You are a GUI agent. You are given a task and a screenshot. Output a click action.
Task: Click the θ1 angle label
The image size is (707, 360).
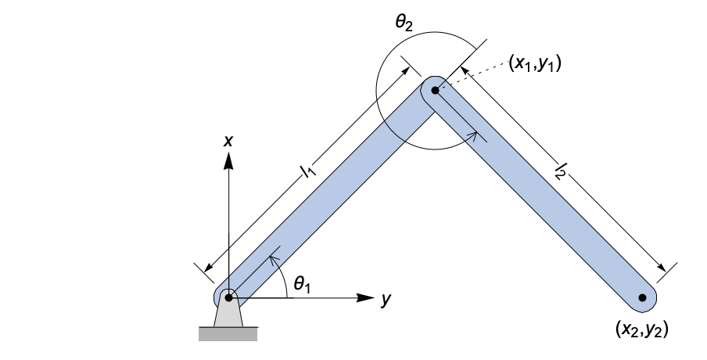coord(302,285)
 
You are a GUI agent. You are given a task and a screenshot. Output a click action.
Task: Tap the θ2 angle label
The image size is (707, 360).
coord(404,23)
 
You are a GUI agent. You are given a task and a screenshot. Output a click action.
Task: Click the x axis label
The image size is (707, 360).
coord(228,141)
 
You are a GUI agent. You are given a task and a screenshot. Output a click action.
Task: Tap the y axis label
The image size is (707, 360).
coord(386,299)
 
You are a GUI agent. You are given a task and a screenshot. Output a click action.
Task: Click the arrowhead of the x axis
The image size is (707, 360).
coord(228,160)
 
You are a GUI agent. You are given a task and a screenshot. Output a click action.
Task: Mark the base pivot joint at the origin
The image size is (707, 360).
coord(228,297)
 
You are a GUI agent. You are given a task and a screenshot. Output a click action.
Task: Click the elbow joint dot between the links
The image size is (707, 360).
coord(436,90)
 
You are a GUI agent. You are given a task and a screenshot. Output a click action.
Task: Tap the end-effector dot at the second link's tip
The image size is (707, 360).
coord(642,297)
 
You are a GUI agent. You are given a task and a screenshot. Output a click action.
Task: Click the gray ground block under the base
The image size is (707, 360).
coord(228,334)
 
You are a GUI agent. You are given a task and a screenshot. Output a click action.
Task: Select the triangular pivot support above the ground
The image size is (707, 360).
coord(228,315)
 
